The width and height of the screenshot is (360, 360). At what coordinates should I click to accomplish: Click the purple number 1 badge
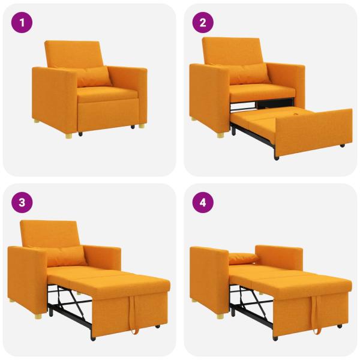[x=22, y=23]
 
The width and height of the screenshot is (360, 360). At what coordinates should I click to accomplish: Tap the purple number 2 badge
[x=202, y=23]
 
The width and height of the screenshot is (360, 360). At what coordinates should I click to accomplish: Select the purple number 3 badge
[x=22, y=202]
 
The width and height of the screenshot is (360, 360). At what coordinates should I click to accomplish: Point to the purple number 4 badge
[x=202, y=202]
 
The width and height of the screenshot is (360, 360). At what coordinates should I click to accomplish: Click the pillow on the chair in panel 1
[x=94, y=76]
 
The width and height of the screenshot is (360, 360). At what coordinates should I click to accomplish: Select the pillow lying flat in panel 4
[x=244, y=259]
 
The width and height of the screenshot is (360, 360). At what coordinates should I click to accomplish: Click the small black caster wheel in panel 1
[x=130, y=128]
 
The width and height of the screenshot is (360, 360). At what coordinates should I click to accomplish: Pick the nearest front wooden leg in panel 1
[x=70, y=136]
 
